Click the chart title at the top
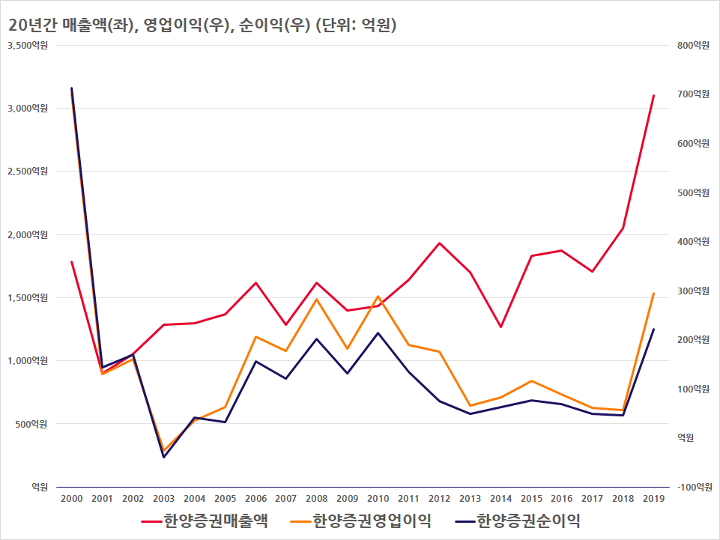tap(202, 25)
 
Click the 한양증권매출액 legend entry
tap(205, 521)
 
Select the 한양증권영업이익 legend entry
tap(361, 521)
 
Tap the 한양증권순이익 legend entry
tap(518, 521)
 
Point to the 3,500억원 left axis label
tap(28, 46)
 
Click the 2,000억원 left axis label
tap(28, 234)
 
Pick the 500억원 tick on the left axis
tap(31, 424)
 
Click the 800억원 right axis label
tap(693, 46)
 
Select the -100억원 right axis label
tap(695, 487)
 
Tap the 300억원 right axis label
tap(693, 291)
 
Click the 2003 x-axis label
tap(164, 499)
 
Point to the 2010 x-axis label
tap(378, 499)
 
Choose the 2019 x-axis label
tap(653, 499)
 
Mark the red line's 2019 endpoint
tap(653, 96)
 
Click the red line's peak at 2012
tap(440, 243)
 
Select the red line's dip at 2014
tap(500, 327)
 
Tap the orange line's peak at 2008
tap(317, 299)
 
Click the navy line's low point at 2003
tap(164, 457)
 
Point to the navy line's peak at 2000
tap(72, 88)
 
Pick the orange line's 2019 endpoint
tap(653, 293)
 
